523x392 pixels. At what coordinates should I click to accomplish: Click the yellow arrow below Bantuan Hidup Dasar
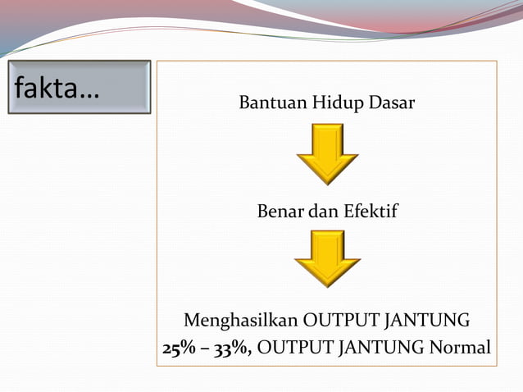(327, 153)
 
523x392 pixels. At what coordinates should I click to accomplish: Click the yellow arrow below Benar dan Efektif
(327, 258)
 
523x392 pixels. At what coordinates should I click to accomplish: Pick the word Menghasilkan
(241, 320)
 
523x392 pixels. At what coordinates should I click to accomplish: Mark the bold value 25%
(179, 349)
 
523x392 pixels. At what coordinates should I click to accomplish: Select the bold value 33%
(231, 349)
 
